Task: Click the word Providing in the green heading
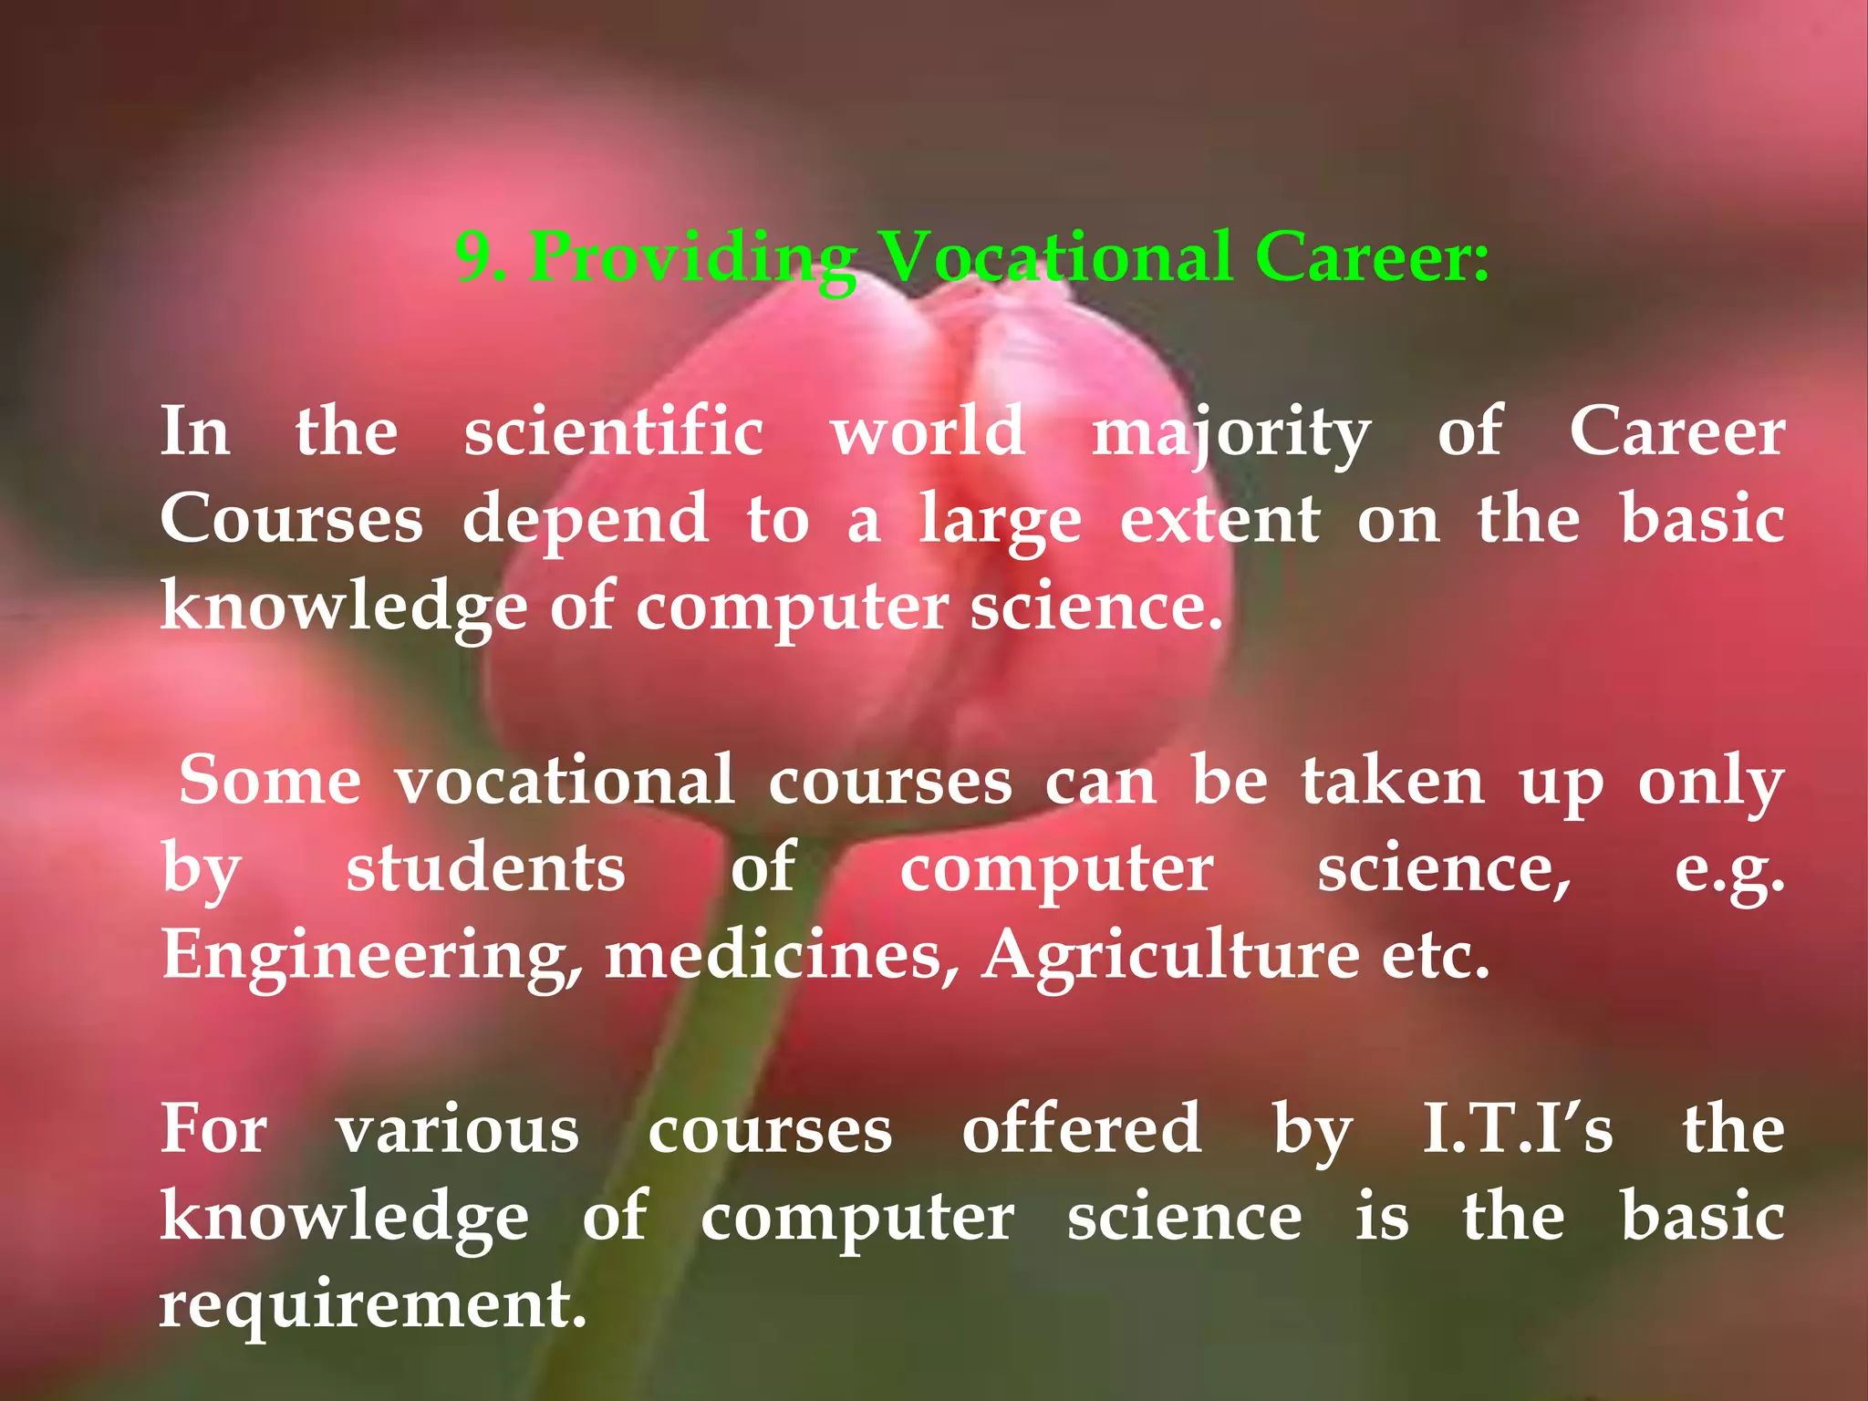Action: (x=693, y=258)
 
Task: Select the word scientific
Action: (x=614, y=431)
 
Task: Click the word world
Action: (x=928, y=431)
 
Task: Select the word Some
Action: (x=270, y=781)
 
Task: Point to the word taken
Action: (x=1393, y=781)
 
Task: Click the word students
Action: (x=485, y=868)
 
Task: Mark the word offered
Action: (x=1082, y=1129)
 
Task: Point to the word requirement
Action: (x=373, y=1305)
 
